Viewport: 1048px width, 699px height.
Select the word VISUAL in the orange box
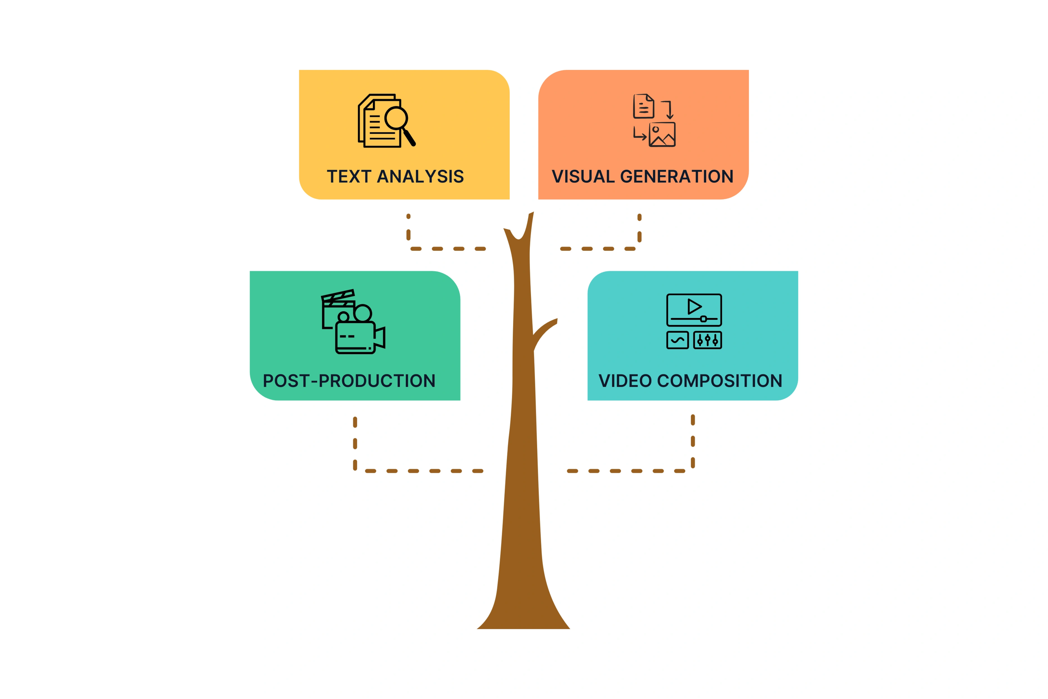coord(583,177)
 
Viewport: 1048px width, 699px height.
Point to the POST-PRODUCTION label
coord(349,381)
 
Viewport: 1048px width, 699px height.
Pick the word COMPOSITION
coord(720,381)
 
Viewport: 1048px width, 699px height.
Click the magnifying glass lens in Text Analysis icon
coord(396,118)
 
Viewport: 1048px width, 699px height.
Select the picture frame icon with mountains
coord(662,135)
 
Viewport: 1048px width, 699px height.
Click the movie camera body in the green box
coord(355,338)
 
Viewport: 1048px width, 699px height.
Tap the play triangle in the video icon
coord(694,307)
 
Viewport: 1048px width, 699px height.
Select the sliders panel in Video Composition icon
coord(708,340)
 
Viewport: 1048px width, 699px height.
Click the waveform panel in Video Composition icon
coord(677,340)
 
